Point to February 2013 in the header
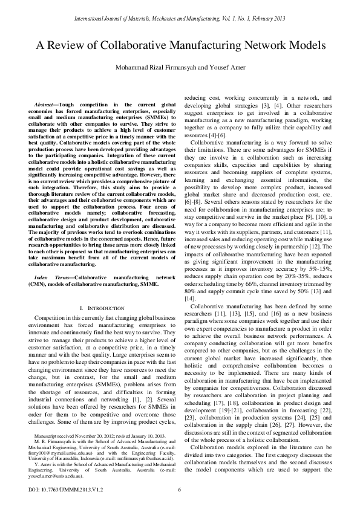pos(267,19)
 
